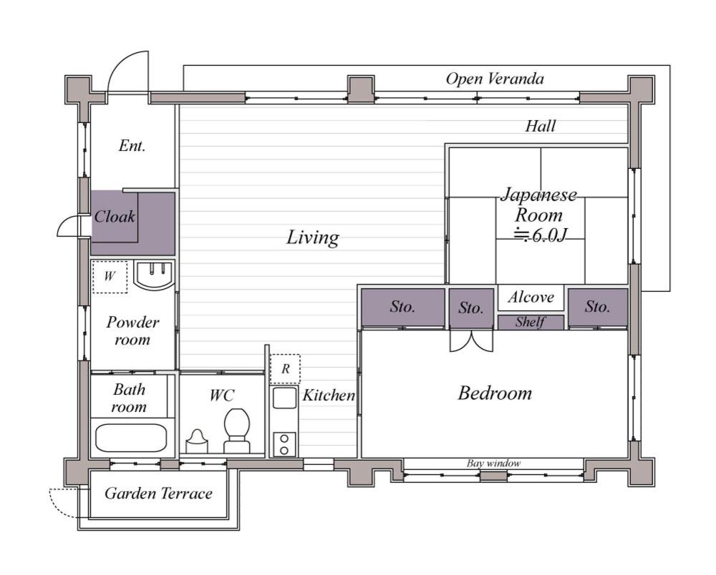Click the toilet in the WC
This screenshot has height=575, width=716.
[x=236, y=431]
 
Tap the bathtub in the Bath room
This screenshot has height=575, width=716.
[x=131, y=438]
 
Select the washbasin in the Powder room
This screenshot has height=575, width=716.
[x=155, y=275]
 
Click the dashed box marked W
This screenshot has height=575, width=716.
[x=110, y=277]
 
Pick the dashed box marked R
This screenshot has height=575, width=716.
[x=286, y=369]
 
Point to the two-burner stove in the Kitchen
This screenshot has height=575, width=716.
[x=284, y=444]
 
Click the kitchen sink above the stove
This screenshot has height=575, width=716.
[x=284, y=398]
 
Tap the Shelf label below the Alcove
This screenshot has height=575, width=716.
[x=530, y=322]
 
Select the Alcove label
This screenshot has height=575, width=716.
[x=531, y=298]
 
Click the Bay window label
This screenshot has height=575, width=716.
[x=493, y=463]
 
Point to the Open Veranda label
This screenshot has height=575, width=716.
[x=495, y=79]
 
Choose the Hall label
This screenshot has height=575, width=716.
[x=540, y=126]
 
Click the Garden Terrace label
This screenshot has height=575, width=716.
[x=158, y=493]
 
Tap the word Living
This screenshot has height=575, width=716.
[x=313, y=237]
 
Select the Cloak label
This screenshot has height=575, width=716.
[x=115, y=216]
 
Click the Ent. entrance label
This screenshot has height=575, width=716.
[x=132, y=145]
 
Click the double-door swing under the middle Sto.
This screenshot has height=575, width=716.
[x=471, y=341]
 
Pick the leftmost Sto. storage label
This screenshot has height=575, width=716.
[x=402, y=307]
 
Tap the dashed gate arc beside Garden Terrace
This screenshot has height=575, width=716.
[x=62, y=503]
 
